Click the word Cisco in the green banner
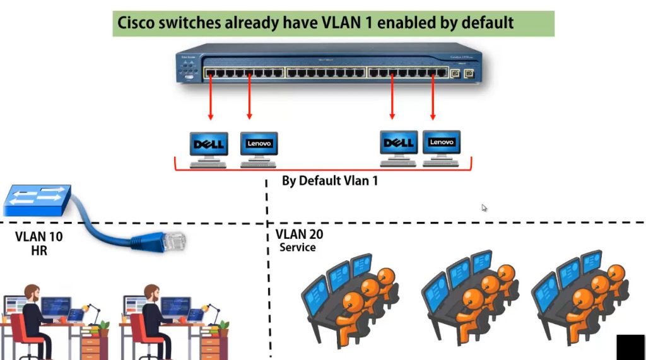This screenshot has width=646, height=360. (138, 24)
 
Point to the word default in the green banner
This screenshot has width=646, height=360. (488, 24)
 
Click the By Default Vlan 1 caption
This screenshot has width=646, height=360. (329, 181)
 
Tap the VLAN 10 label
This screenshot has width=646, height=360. (39, 237)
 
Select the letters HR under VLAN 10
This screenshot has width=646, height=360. (39, 250)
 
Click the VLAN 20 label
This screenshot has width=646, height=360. (300, 235)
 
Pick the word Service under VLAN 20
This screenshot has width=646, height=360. (298, 248)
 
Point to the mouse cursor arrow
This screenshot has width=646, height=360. (484, 207)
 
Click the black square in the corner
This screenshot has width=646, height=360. (630, 347)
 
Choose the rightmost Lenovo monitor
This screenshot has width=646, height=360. (442, 143)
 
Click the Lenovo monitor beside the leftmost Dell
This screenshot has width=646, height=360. (259, 144)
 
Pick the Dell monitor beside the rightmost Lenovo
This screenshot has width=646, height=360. (398, 144)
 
